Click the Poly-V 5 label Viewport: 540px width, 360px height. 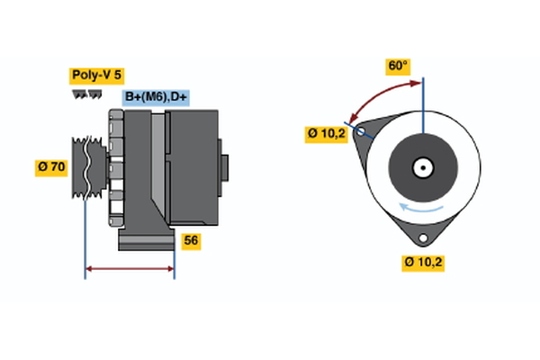point(95,76)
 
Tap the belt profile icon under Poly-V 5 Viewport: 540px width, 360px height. point(86,94)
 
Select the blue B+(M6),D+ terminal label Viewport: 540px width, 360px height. point(157,97)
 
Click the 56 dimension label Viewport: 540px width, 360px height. point(191,240)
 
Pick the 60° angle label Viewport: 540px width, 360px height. point(398,66)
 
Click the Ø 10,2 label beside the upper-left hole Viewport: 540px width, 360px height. point(325,134)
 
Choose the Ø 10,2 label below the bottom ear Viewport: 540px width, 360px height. point(424,262)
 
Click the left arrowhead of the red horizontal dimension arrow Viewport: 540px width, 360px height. point(89,268)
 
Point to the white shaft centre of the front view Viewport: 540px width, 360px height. point(423,167)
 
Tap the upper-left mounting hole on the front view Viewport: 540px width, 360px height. point(361,132)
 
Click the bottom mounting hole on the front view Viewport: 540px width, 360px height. point(422,238)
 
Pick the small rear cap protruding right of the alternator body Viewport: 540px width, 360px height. point(224,167)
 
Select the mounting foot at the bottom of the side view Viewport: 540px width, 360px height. point(144,241)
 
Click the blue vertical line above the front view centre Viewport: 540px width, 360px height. point(423,103)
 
